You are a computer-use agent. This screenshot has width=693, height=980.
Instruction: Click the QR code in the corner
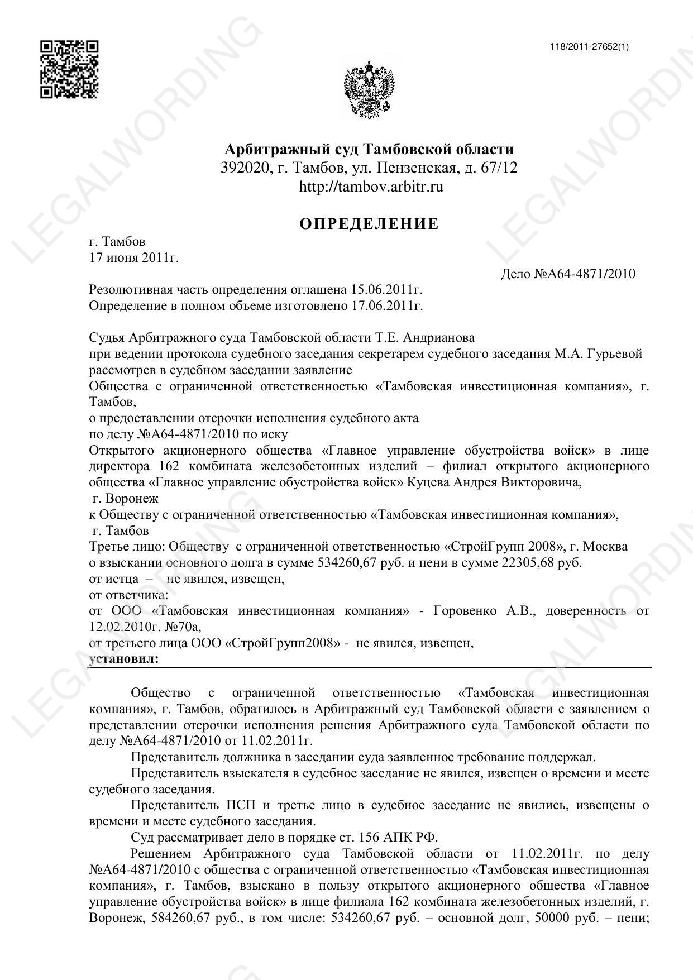69,69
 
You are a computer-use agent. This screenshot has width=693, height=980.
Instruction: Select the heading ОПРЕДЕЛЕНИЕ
369,224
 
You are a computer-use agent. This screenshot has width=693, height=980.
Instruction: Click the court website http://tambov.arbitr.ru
371,187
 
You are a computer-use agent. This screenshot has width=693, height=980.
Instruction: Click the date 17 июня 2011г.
134,257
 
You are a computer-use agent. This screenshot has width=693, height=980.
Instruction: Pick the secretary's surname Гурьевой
615,353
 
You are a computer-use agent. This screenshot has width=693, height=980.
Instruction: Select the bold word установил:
124,659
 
